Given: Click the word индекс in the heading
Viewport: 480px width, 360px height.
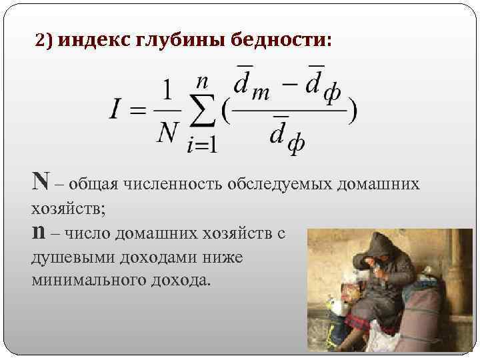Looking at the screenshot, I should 94,41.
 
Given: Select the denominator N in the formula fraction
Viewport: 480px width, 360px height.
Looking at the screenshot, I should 167,133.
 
